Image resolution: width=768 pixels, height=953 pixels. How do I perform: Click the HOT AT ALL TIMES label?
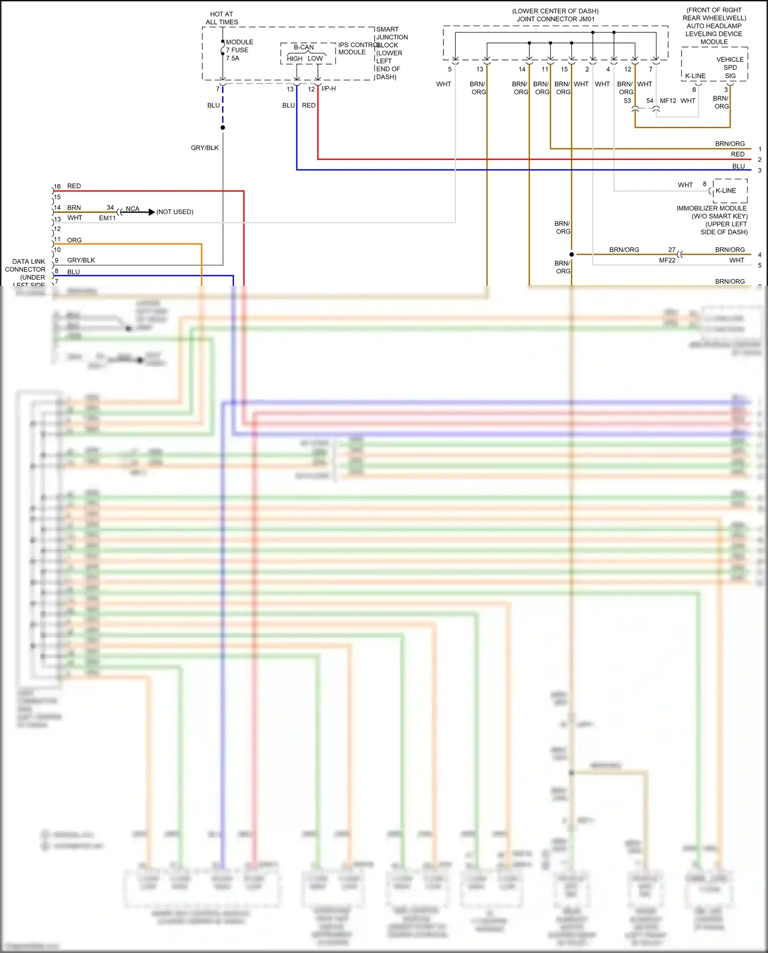pyautogui.click(x=222, y=18)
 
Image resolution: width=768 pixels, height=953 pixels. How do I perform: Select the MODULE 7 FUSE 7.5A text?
pyautogui.click(x=239, y=50)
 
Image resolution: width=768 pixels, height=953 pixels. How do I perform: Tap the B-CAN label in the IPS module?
pyautogui.click(x=304, y=47)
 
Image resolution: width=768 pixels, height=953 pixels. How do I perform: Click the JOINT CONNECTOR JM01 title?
pyautogui.click(x=556, y=19)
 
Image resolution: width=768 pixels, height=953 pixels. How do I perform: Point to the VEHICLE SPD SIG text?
pyautogui.click(x=730, y=68)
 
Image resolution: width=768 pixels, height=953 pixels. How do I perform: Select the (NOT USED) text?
pyautogui.click(x=175, y=212)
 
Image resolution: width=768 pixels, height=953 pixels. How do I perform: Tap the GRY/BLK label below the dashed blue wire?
pyautogui.click(x=205, y=148)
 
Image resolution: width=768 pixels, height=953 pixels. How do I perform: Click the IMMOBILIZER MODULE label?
pyautogui.click(x=712, y=208)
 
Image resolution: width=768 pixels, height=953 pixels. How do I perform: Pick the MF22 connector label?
pyautogui.click(x=667, y=260)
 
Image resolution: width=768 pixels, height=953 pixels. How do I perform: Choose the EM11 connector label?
pyautogui.click(x=108, y=218)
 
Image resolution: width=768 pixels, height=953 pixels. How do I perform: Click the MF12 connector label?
pyautogui.click(x=668, y=101)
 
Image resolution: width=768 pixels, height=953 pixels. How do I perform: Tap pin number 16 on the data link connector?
pyautogui.click(x=57, y=186)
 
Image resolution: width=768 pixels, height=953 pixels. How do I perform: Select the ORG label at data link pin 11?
pyautogui.click(x=74, y=240)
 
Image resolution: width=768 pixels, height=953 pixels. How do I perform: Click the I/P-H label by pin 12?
pyautogui.click(x=329, y=89)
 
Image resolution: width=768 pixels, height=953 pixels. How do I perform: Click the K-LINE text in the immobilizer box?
pyautogui.click(x=726, y=190)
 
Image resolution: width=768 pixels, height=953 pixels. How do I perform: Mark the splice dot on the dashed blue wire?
pyautogui.click(x=223, y=128)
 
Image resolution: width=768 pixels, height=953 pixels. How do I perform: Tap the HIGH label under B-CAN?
pyautogui.click(x=294, y=59)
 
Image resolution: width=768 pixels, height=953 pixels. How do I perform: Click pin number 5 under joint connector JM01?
pyautogui.click(x=450, y=70)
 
